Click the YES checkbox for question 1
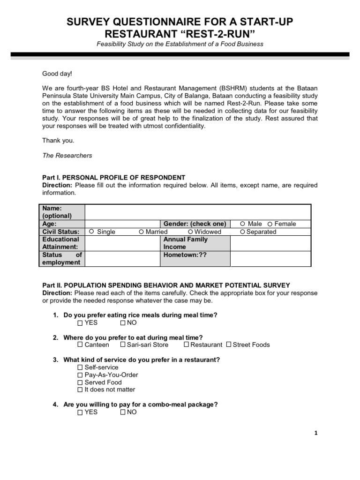pos(80,323)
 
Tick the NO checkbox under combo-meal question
pos(123,412)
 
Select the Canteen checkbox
pos(80,345)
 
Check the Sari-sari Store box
pos(123,345)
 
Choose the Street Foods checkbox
pos(229,345)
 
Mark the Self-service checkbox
pos(80,367)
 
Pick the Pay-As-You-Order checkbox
pos(80,375)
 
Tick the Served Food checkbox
pos(80,382)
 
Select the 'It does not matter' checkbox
pos(80,390)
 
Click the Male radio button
pos(242,224)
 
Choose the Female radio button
pos(270,224)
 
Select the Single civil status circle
pos(91,232)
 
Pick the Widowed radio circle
pos(190,232)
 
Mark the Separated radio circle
pos(242,232)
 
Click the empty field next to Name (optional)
pos(197,212)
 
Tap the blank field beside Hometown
pos(270,259)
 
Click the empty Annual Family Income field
pos(270,243)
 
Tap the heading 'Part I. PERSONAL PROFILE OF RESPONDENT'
pos(113,178)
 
